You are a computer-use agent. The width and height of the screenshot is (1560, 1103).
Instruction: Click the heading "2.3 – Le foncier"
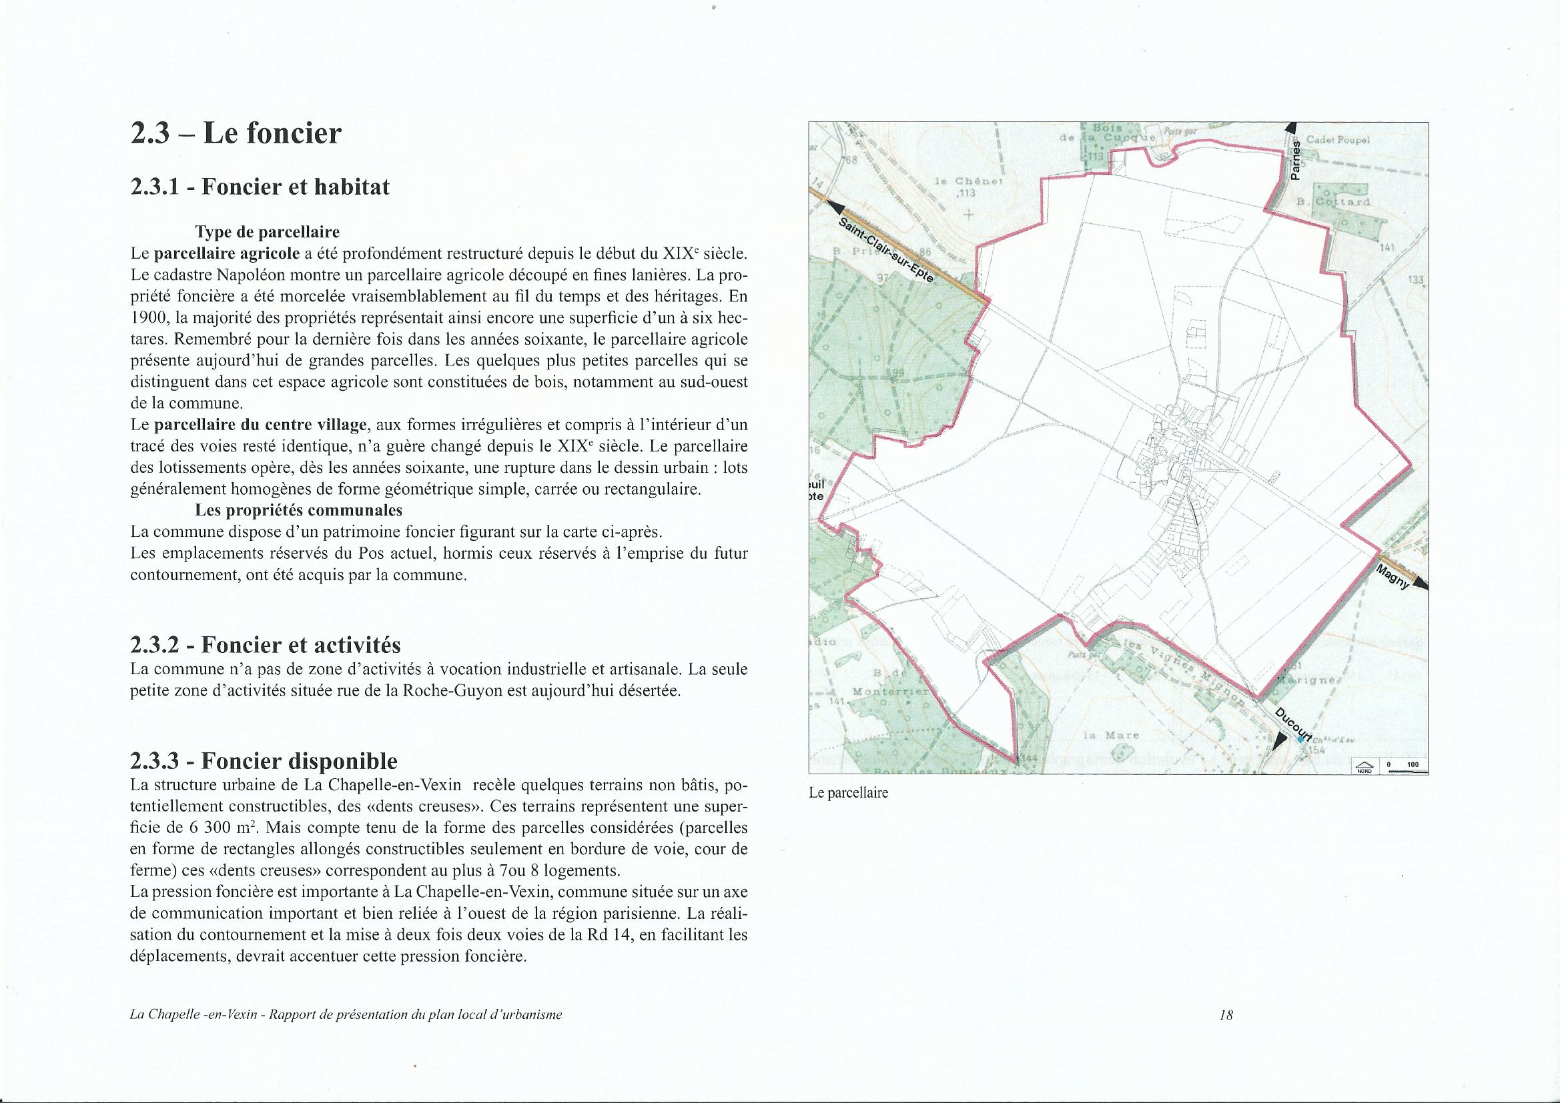(236, 134)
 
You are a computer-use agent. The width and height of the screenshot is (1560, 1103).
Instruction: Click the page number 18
(1226, 1034)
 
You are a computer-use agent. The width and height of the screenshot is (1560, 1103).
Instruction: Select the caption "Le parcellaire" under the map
(849, 793)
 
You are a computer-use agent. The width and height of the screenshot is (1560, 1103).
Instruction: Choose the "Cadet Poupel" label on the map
(1338, 140)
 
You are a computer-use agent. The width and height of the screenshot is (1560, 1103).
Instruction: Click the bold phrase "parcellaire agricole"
(228, 254)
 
